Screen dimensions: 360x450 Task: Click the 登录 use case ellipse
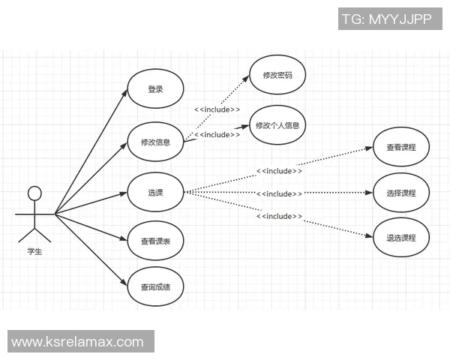click(156, 90)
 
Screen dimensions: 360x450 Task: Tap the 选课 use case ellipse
click(155, 192)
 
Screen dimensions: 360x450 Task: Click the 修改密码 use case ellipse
click(277, 75)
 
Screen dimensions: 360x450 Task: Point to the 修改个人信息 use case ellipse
click(277, 125)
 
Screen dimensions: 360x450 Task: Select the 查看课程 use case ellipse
click(401, 148)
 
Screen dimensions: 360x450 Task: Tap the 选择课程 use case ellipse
click(401, 193)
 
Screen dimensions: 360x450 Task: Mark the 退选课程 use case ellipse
click(401, 238)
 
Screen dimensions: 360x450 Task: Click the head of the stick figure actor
click(34, 193)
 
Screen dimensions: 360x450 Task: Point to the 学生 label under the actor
click(34, 252)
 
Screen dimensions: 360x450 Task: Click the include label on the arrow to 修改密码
click(217, 109)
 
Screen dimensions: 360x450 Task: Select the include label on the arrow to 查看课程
click(279, 171)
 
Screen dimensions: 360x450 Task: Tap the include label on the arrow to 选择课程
click(279, 193)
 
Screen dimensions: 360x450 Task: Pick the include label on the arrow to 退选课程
click(279, 216)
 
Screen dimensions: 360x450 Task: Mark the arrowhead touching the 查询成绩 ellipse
click(125, 283)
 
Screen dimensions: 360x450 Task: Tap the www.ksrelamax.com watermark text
click(78, 342)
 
